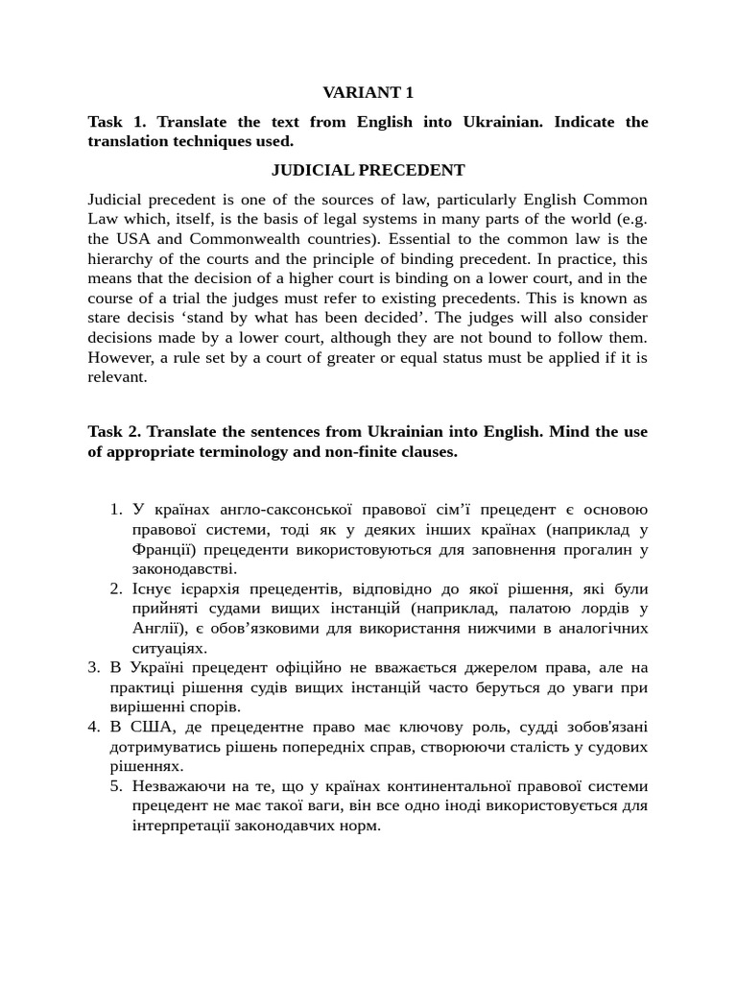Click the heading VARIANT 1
368,93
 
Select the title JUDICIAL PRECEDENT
368,170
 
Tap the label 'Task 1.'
117,122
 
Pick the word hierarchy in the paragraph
119,259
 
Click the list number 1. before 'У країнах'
116,510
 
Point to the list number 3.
94,667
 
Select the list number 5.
116,785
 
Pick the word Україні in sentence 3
151,667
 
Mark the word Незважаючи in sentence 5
179,785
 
